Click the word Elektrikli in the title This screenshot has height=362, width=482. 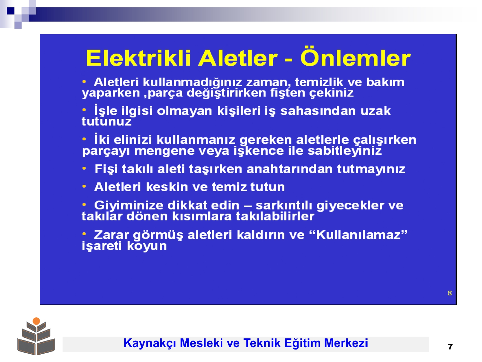[138, 58]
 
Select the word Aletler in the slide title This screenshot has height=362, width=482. [238, 58]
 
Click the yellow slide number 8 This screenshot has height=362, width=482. [450, 293]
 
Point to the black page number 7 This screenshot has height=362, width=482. [450, 347]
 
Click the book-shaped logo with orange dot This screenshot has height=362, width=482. [36, 336]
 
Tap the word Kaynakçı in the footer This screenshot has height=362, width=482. [150, 343]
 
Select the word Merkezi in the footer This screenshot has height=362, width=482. [346, 343]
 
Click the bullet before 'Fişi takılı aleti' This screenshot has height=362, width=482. [84, 169]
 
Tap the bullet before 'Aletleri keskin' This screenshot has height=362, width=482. [84, 186]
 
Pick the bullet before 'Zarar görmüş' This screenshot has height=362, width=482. [84, 234]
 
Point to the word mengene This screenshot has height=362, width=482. [165, 152]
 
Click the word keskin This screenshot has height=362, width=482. [167, 187]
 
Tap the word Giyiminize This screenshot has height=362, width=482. [129, 206]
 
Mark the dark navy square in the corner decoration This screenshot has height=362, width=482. [11, 11]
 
